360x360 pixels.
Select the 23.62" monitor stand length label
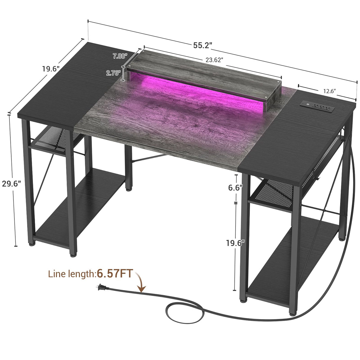[x=214, y=60]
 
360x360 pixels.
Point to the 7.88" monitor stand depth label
[x=120, y=56]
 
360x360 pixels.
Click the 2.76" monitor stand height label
[x=112, y=73]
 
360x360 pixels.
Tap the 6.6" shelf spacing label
[x=235, y=188]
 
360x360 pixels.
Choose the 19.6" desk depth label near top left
[x=50, y=69]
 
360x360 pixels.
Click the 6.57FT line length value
[x=115, y=274]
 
